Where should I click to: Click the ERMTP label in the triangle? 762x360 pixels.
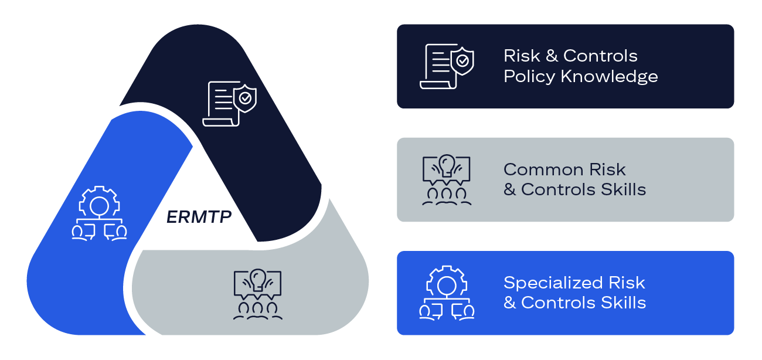click(x=199, y=217)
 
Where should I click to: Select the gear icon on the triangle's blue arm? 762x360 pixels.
click(x=99, y=213)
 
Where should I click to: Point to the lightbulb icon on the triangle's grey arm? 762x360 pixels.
click(x=257, y=294)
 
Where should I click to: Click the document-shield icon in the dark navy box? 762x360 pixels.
click(x=447, y=66)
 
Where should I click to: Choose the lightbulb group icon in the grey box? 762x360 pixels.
click(x=447, y=179)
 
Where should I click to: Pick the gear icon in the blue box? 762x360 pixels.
click(x=447, y=293)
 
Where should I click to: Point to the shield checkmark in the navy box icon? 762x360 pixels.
click(x=463, y=60)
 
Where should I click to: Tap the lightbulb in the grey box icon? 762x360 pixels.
click(x=447, y=164)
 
